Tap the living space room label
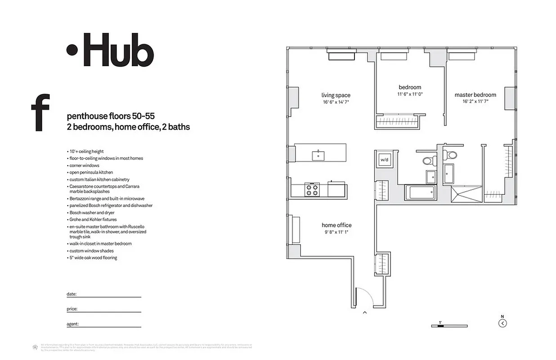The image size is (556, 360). (x=336, y=95)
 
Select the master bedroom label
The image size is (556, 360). (x=475, y=95)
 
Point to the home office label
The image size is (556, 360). (x=336, y=225)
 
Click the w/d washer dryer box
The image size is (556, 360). (x=384, y=160)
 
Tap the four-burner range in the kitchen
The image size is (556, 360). (x=312, y=189)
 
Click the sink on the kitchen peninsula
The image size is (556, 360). (x=319, y=155)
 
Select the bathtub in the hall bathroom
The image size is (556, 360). (x=421, y=193)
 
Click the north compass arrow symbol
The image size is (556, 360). (x=503, y=323)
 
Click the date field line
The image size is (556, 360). (x=108, y=297)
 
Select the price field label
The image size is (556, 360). (x=72, y=309)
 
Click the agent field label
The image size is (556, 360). (x=73, y=324)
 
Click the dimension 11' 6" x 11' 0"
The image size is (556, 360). (x=410, y=94)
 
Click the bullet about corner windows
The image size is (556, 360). (x=84, y=166)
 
